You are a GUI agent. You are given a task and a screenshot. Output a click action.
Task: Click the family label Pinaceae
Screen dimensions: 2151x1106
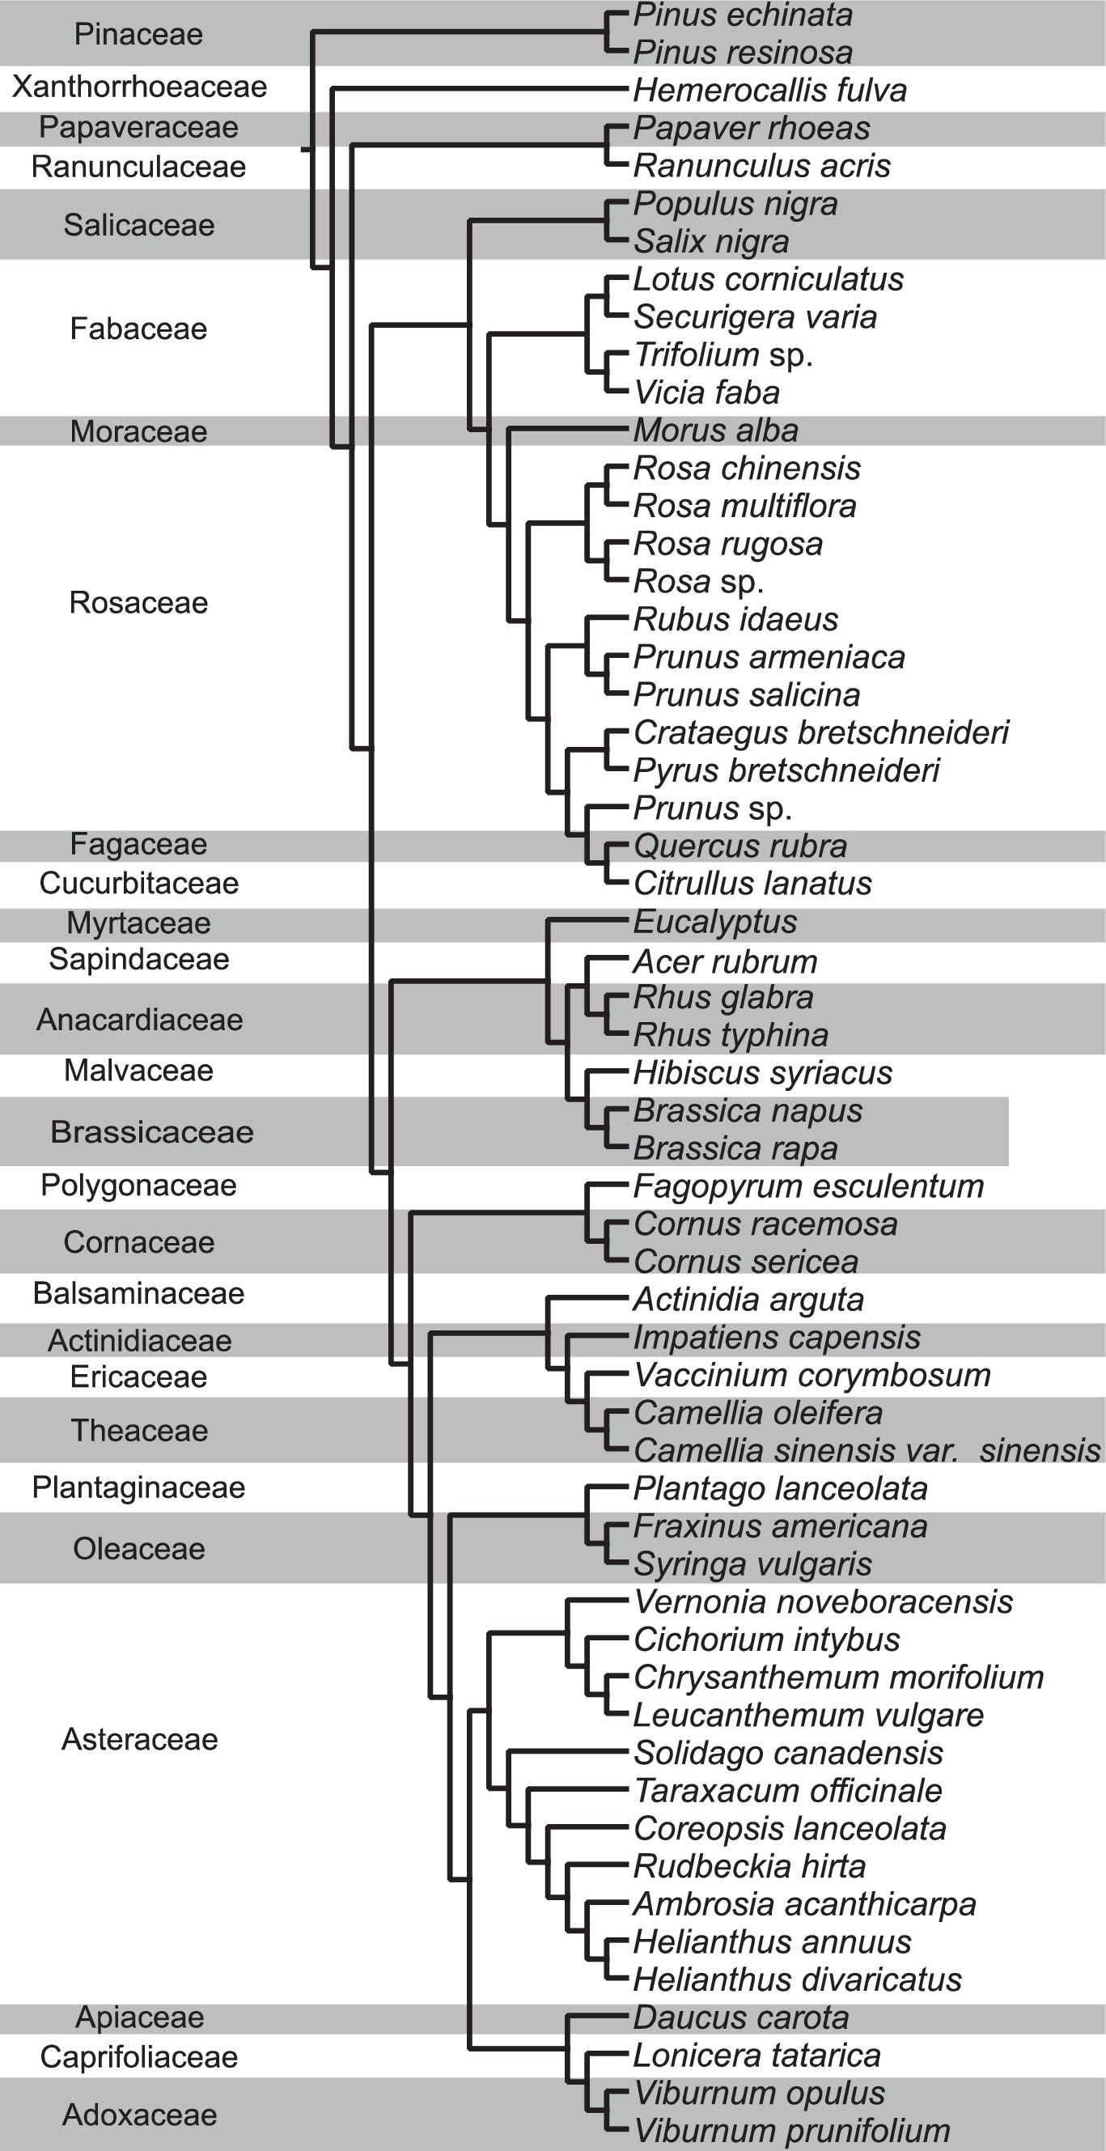(138, 34)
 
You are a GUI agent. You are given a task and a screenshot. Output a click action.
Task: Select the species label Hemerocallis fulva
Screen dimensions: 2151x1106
(769, 90)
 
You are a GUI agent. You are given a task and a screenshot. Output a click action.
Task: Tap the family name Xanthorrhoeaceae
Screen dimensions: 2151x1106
(139, 87)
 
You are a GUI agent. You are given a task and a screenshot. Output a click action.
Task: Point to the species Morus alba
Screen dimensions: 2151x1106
(715, 431)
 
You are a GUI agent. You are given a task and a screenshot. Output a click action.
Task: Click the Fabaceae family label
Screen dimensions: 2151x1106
(138, 329)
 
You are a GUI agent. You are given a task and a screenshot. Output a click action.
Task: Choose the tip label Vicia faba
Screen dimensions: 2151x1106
(706, 392)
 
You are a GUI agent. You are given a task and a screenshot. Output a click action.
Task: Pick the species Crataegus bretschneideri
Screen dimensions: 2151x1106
(820, 732)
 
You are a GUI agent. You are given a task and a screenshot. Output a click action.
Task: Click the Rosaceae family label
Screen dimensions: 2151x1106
(138, 603)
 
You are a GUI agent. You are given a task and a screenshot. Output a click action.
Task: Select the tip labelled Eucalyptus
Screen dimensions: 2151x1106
(714, 922)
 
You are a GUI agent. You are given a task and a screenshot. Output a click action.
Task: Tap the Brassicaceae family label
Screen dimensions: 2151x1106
(151, 1132)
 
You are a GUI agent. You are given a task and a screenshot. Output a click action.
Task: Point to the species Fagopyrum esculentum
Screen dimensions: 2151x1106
(808, 1186)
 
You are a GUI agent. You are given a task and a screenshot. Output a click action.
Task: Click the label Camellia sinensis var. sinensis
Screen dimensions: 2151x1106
(867, 1451)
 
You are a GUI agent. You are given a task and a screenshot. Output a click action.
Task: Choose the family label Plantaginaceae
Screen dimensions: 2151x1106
(138, 1487)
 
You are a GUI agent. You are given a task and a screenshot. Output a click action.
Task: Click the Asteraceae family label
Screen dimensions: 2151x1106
(139, 1739)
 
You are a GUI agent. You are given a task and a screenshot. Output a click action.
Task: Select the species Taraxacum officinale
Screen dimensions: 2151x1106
(787, 1790)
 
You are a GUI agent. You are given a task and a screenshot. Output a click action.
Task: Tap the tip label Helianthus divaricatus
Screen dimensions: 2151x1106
(797, 1979)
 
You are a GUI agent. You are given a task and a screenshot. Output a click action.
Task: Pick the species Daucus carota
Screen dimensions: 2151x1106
(740, 2017)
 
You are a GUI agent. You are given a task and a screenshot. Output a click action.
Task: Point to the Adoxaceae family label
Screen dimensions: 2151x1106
(139, 2115)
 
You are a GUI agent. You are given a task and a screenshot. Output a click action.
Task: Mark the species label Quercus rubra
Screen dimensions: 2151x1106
(739, 846)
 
